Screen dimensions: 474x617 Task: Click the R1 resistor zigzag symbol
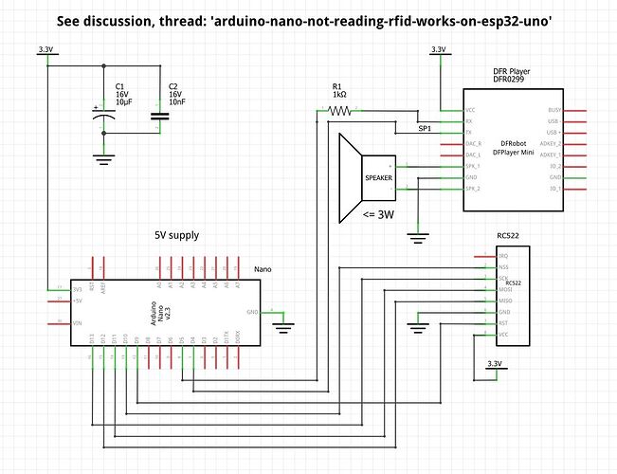pyautogui.click(x=338, y=111)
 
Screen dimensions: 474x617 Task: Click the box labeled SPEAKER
pyautogui.click(x=378, y=177)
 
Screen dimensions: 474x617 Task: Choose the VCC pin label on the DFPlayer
pyautogui.click(x=471, y=111)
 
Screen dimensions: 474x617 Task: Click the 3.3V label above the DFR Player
pyautogui.click(x=437, y=49)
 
